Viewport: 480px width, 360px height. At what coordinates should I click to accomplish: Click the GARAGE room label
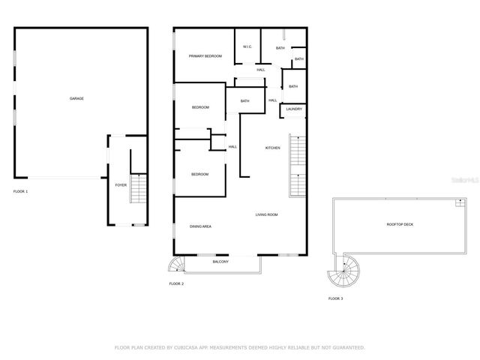[76, 98]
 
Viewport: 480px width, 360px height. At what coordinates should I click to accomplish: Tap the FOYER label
[120, 184]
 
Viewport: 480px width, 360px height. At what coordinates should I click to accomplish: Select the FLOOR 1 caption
[20, 192]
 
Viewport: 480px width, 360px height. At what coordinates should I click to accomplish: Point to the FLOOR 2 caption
[176, 284]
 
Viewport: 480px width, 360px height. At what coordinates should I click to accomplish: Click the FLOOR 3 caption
[335, 298]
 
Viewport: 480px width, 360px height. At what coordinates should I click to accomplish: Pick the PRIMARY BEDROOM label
[205, 55]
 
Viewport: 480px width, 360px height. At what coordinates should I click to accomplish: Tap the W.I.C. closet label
[247, 47]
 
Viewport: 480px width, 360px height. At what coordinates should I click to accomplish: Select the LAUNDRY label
[294, 109]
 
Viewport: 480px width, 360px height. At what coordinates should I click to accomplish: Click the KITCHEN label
[273, 148]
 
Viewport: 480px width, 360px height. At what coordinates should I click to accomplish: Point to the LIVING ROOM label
[266, 215]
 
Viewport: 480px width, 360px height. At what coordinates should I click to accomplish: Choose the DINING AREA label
[199, 226]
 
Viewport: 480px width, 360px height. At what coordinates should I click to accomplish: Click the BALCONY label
[220, 262]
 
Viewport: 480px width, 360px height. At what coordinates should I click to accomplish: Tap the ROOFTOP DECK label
[401, 224]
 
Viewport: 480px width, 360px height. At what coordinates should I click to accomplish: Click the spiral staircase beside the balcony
[175, 264]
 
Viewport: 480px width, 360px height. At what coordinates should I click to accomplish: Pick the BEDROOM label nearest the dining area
[199, 174]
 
